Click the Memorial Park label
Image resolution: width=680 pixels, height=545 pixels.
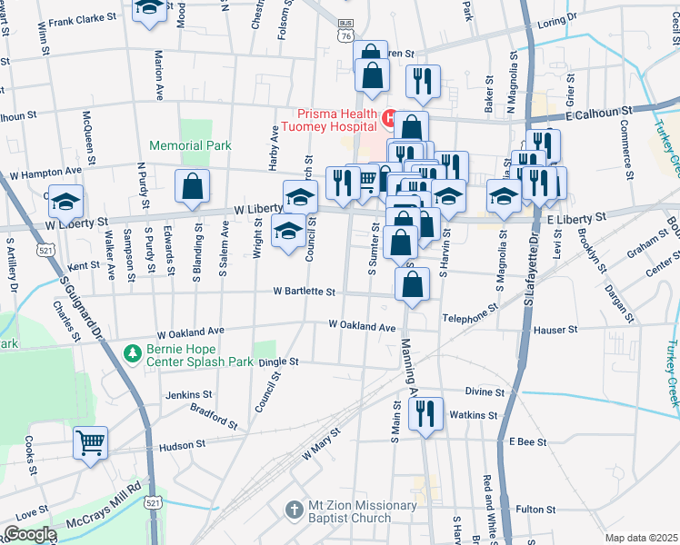click(x=191, y=145)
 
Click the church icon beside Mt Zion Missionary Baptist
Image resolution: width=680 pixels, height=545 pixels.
click(x=293, y=510)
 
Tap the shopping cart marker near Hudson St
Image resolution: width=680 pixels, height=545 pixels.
click(x=90, y=444)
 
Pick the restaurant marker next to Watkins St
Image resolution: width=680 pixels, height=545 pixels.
click(x=425, y=415)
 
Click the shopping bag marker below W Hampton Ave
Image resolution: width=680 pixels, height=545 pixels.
click(x=192, y=188)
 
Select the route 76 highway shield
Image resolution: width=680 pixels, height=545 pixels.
click(x=344, y=35)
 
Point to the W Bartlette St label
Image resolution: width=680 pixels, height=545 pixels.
click(x=306, y=292)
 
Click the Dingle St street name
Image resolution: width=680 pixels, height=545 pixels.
click(x=278, y=362)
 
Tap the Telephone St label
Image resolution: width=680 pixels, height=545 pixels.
click(x=470, y=319)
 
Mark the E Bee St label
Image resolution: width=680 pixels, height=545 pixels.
click(x=526, y=441)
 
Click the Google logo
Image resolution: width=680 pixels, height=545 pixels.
click(x=30, y=534)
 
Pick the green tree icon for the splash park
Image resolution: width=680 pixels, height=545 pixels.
click(x=133, y=351)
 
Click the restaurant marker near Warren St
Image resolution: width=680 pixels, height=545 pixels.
click(x=423, y=83)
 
